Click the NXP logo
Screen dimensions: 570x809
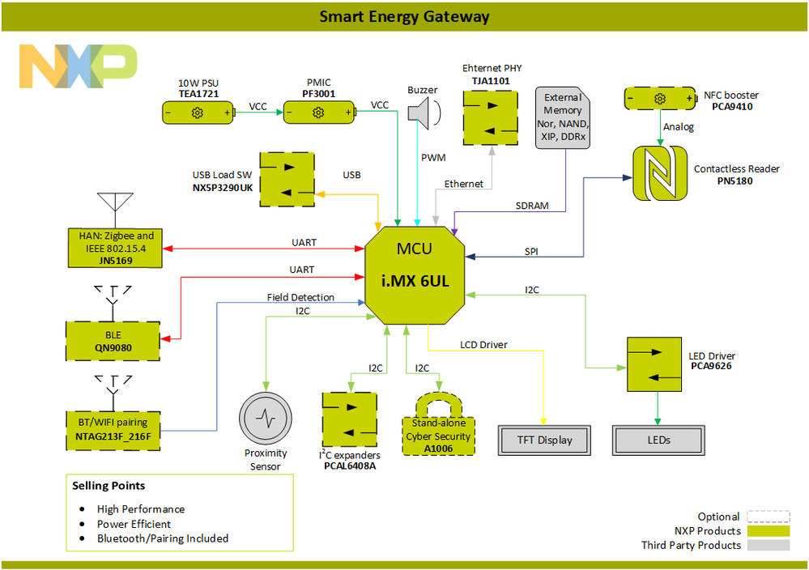pyautogui.click(x=79, y=66)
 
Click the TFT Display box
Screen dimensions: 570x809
pyautogui.click(x=544, y=440)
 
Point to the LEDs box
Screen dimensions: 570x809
pyautogui.click(x=657, y=440)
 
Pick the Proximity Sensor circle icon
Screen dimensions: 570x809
pyautogui.click(x=265, y=419)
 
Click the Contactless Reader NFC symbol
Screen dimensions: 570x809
pyautogui.click(x=659, y=172)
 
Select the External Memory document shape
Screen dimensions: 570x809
pyautogui.click(x=563, y=118)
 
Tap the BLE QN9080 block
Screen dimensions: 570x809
pyautogui.click(x=112, y=341)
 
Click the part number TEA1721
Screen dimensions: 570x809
pyautogui.click(x=198, y=94)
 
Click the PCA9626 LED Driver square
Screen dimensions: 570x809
pyautogui.click(x=654, y=364)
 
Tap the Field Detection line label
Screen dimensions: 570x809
pyautogui.click(x=300, y=297)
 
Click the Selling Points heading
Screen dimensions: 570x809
pyautogui.click(x=109, y=486)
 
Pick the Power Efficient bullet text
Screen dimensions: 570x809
pyautogui.click(x=134, y=524)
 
